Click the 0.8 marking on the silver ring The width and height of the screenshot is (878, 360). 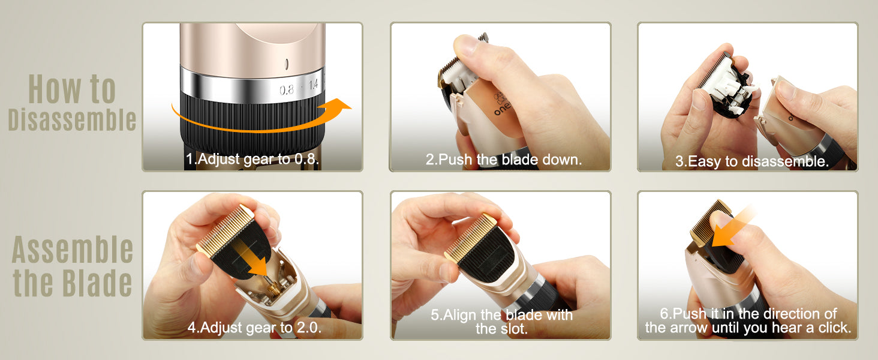point(287,90)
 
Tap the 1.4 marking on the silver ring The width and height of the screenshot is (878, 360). point(313,85)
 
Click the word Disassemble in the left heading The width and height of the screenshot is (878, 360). point(72,119)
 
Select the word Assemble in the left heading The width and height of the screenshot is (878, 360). point(73,250)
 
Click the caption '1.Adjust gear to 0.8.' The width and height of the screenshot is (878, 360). point(252,159)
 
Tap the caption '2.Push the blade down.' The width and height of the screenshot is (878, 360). point(504,160)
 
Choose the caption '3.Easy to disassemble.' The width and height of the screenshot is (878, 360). point(752,161)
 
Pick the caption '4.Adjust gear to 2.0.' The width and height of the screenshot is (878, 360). point(254,328)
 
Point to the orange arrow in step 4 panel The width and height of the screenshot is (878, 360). point(253,259)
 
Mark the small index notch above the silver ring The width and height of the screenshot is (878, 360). point(287,64)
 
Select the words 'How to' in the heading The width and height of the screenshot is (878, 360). point(72,89)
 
